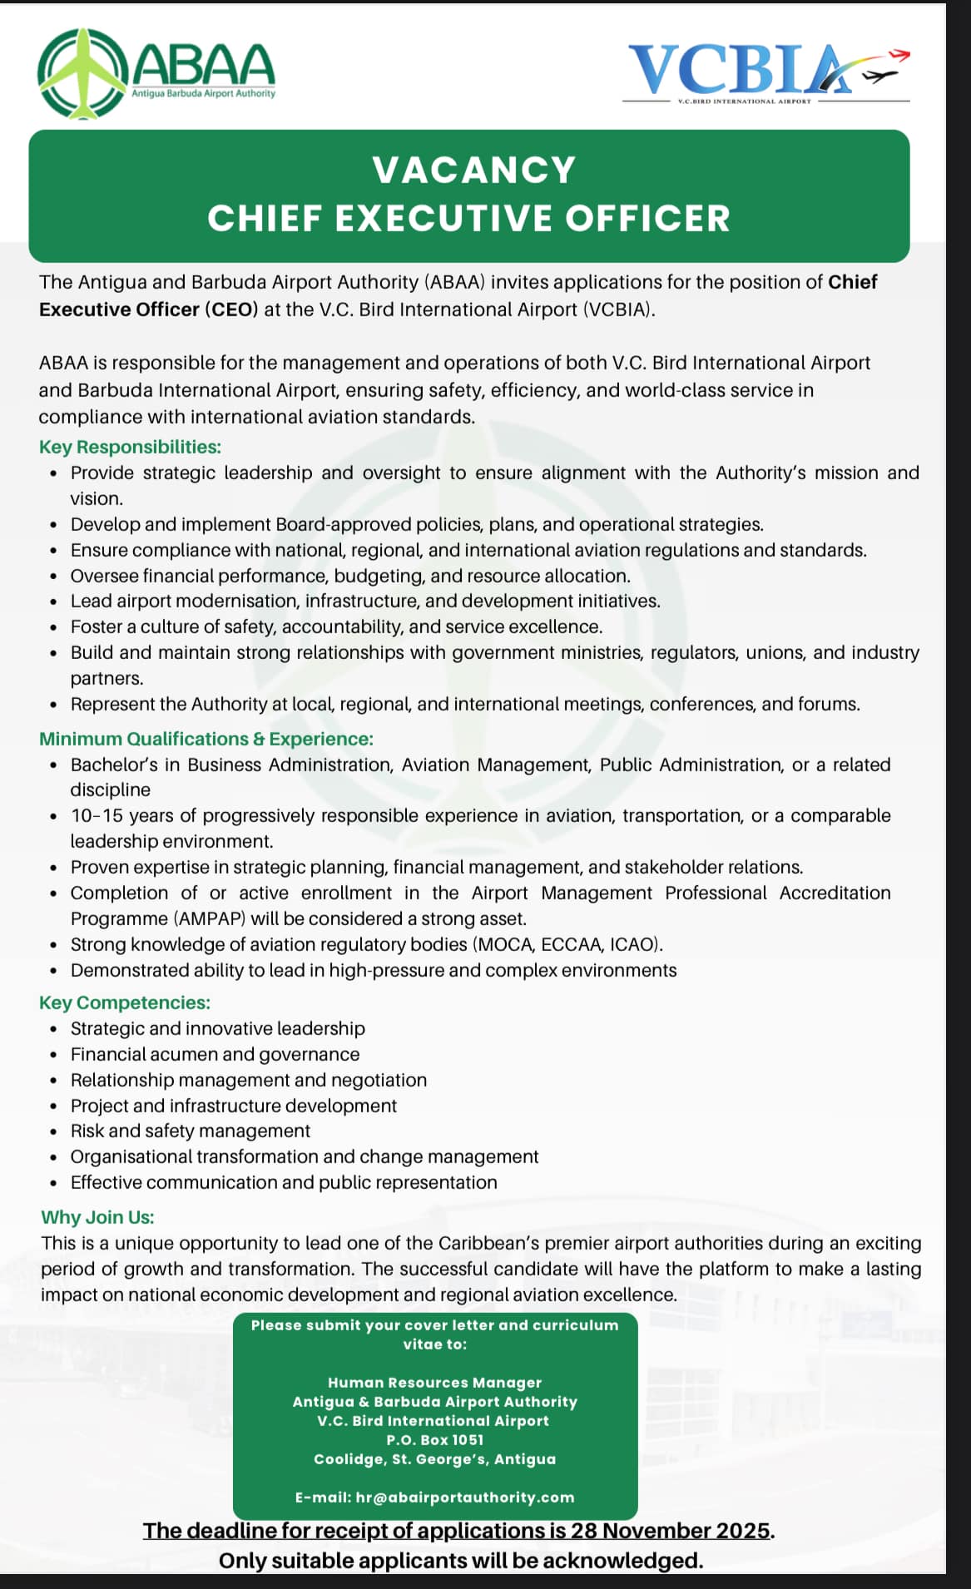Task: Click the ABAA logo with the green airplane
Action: tap(156, 73)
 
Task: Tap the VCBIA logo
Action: tap(766, 73)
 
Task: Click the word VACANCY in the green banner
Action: tap(474, 171)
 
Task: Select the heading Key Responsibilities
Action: tap(130, 447)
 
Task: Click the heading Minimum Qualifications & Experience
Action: tap(206, 739)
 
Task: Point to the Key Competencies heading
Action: tap(125, 1002)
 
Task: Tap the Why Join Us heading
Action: tap(97, 1217)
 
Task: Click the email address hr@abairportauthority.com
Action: tap(465, 1497)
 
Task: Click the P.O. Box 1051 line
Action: tap(434, 1440)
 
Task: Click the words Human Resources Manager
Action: tap(434, 1383)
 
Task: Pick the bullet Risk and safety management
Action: tap(190, 1131)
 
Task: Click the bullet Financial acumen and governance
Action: tap(215, 1054)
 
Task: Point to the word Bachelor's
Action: tap(124, 765)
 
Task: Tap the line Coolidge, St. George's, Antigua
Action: tap(434, 1459)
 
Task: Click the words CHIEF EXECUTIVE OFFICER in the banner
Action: tap(468, 218)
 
